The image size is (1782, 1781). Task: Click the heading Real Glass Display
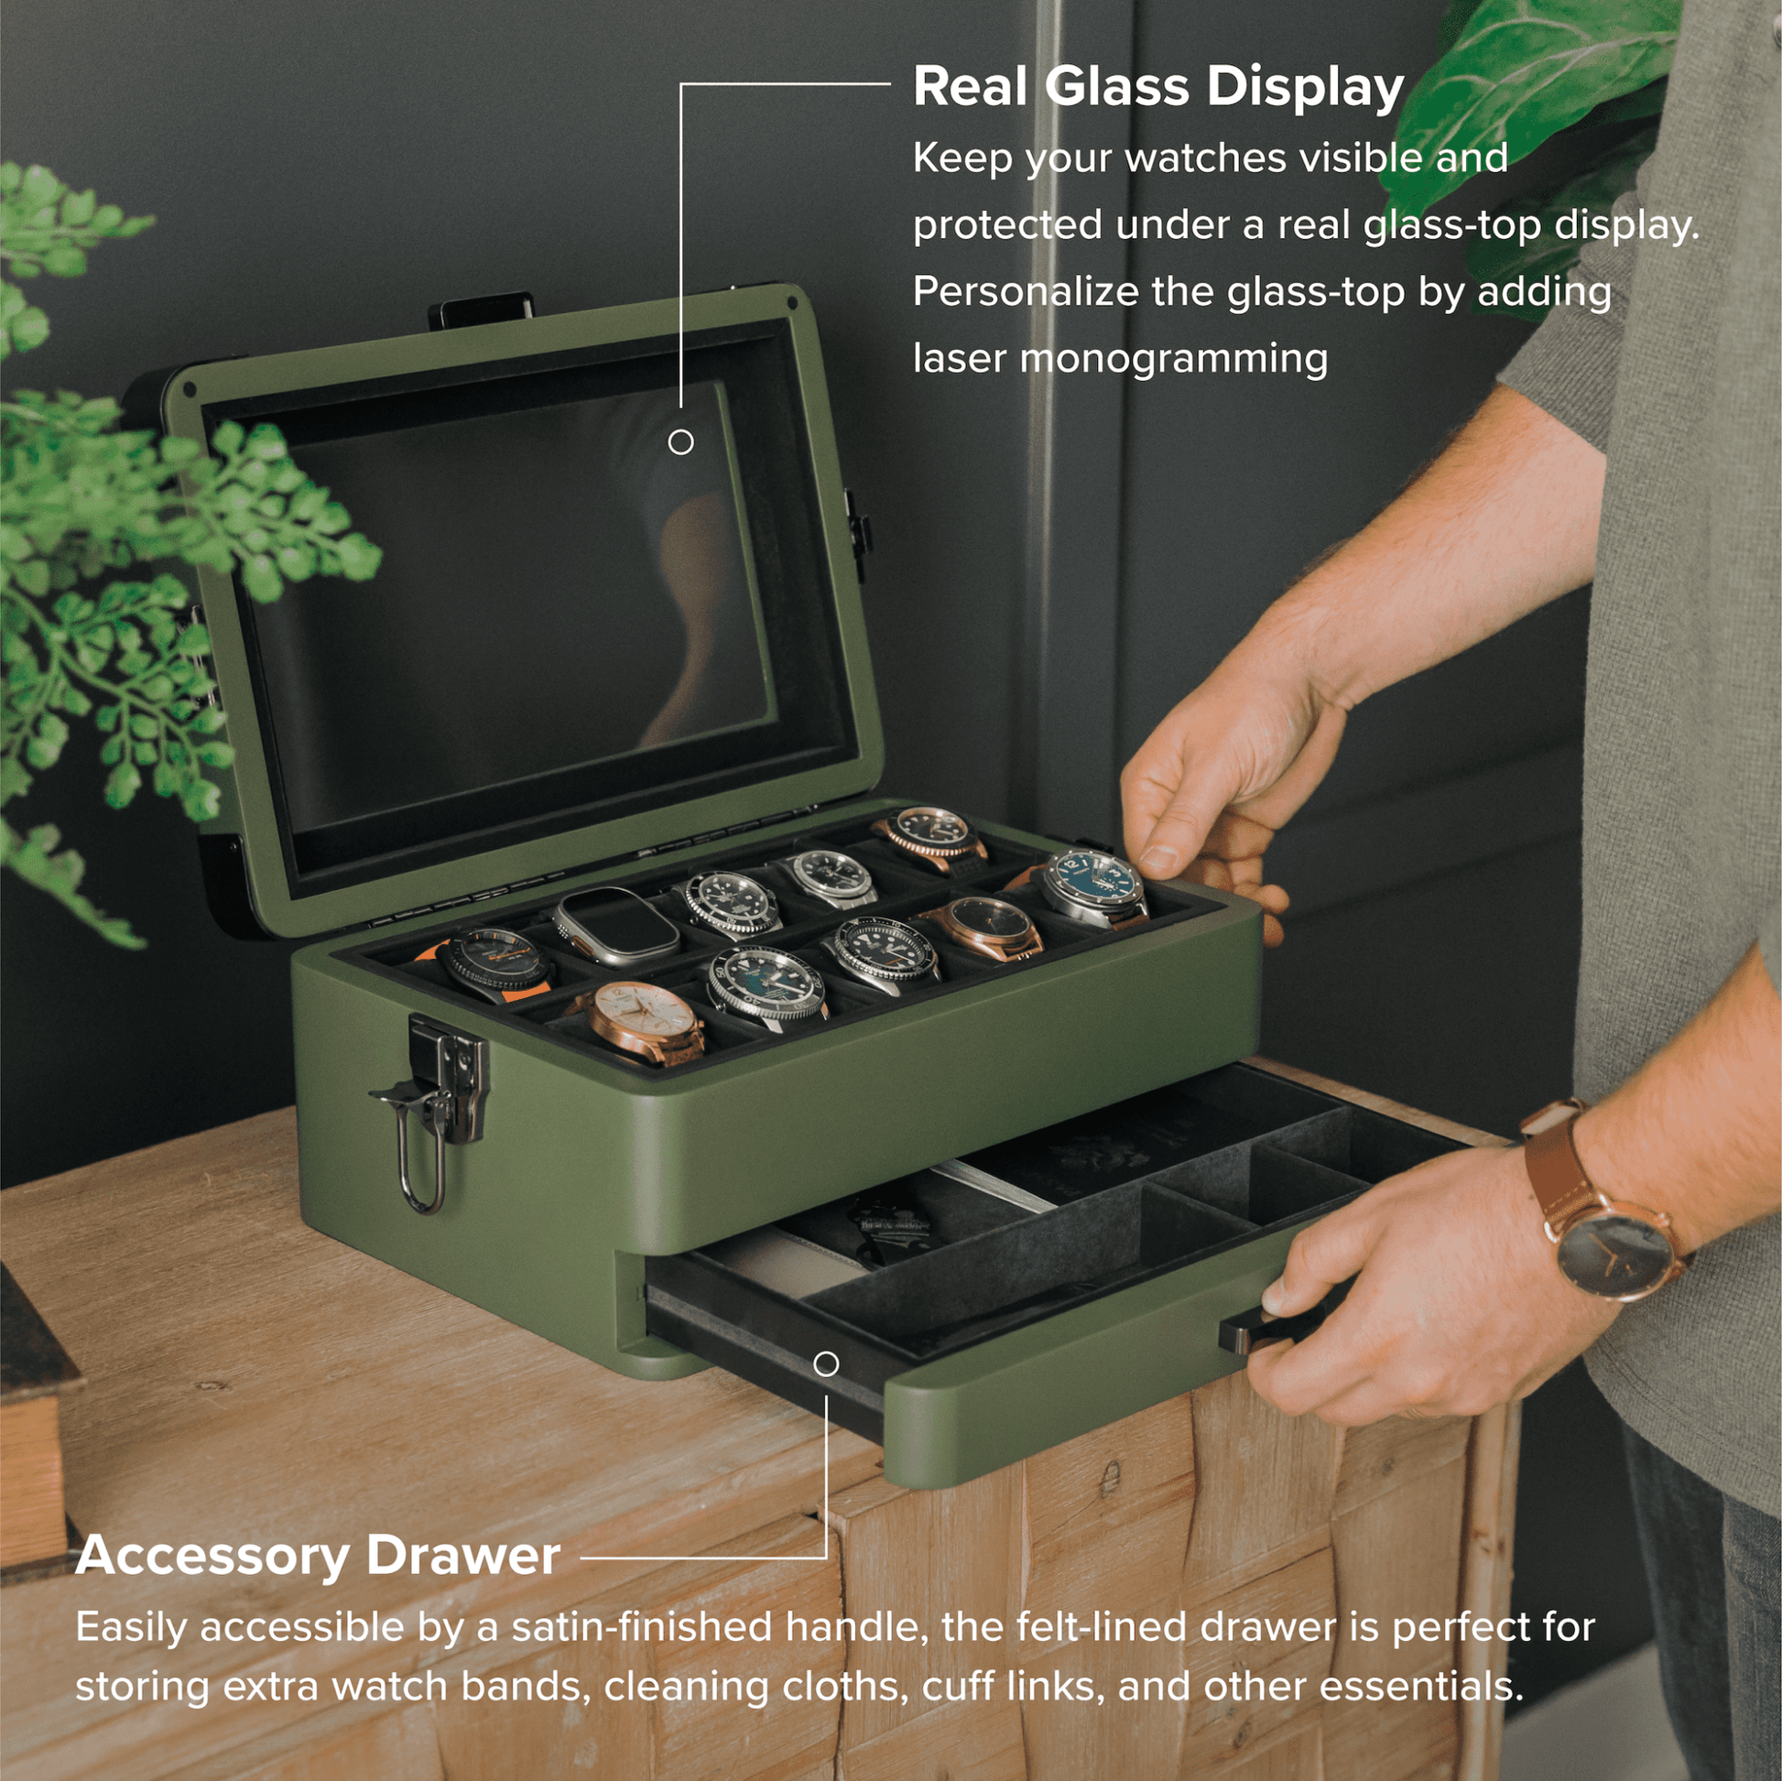[1157, 88]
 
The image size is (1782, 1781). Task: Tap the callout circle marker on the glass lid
[680, 442]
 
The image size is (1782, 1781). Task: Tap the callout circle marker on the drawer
[826, 1363]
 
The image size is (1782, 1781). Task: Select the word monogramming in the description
[1173, 360]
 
